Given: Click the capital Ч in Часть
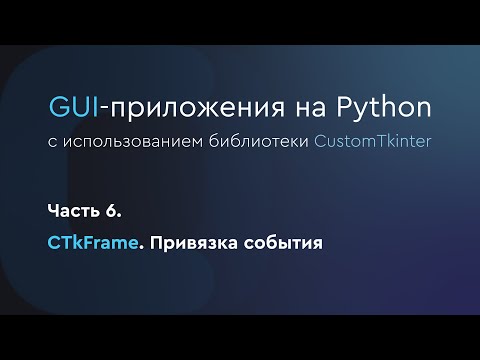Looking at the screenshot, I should [53, 211].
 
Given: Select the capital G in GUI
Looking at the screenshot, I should [57, 107].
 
